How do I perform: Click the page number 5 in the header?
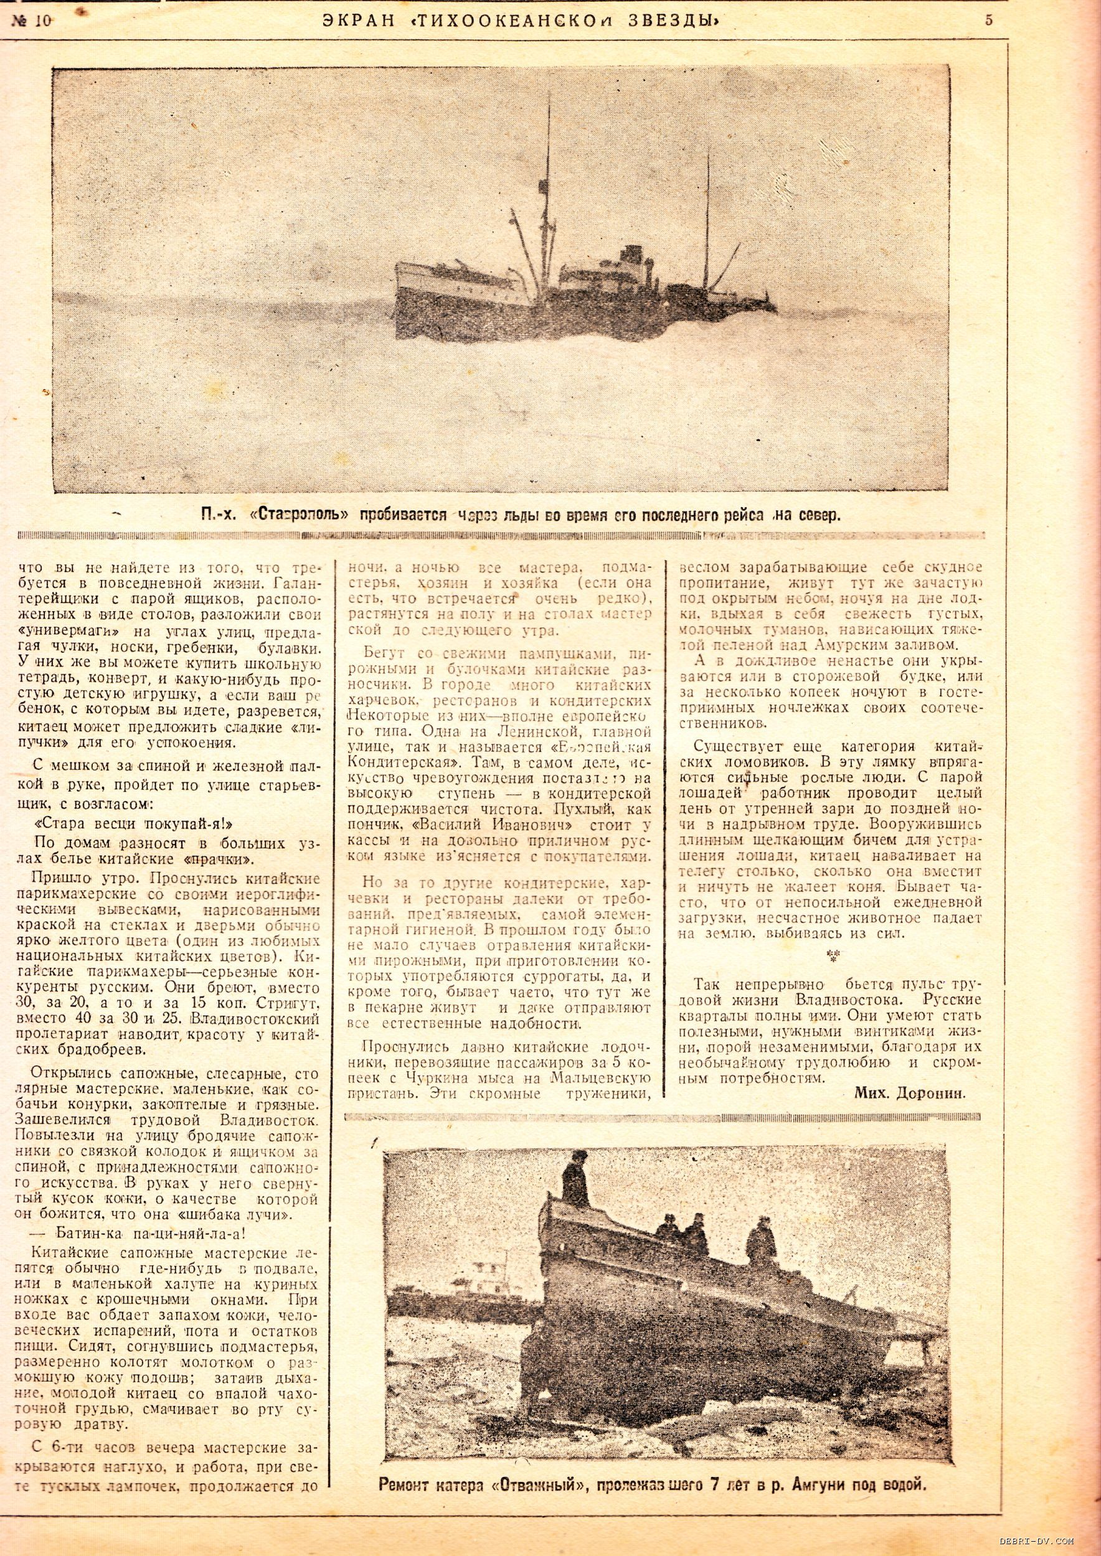(x=989, y=21)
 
